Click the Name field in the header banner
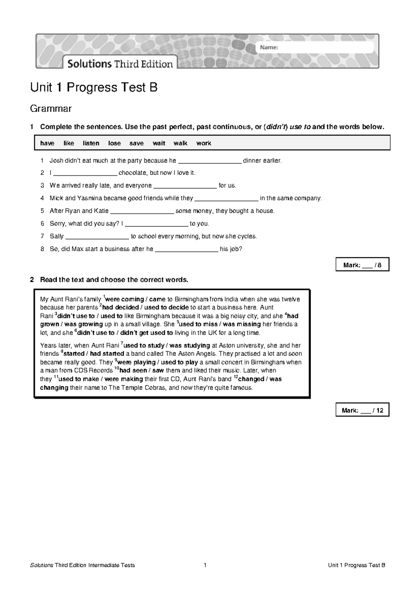(x=315, y=48)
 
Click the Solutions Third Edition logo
(x=120, y=64)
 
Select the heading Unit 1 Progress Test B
(x=94, y=87)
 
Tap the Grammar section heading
(x=51, y=109)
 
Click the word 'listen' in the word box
(x=91, y=143)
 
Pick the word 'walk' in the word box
(x=180, y=143)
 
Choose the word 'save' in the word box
(x=136, y=143)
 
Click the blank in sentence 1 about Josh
(x=210, y=161)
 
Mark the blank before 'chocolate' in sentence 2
(x=86, y=173)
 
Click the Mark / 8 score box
(x=362, y=265)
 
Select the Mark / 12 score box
(x=362, y=410)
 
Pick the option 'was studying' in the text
(x=190, y=345)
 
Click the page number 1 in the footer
(x=205, y=565)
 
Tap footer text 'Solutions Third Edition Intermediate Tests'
(x=83, y=565)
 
